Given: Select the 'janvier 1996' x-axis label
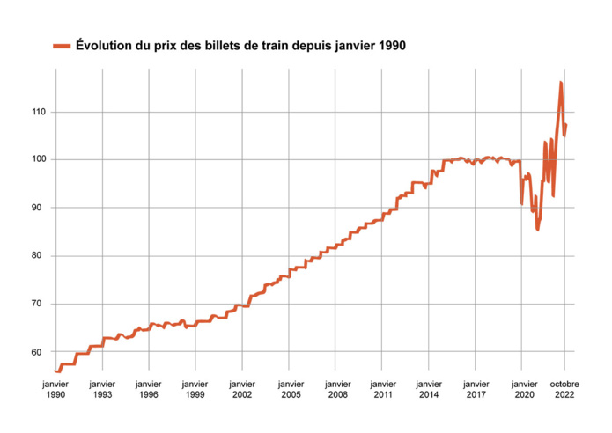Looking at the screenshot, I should point(149,390).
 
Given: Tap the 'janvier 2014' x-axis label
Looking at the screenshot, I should point(429,390).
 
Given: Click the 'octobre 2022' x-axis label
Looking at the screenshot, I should point(565,390).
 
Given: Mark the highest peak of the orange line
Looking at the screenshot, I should point(560,82).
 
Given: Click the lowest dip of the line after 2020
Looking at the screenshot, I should point(537,230).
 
